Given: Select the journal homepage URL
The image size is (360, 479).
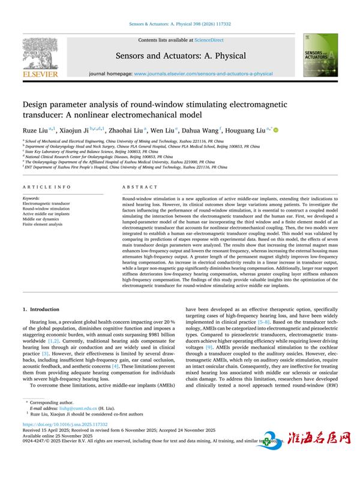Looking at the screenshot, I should point(203,74).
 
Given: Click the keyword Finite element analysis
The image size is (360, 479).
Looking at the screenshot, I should point(43,224).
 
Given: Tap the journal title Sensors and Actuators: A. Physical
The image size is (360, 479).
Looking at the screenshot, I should point(181,56).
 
